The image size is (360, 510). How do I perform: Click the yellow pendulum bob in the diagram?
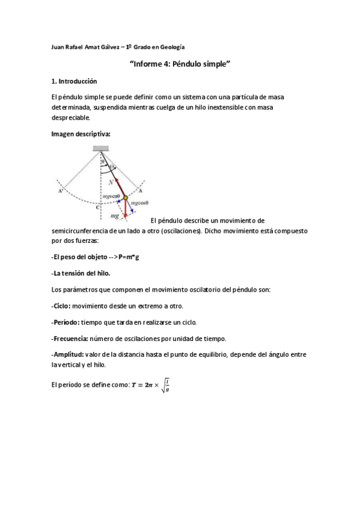pyautogui.click(x=125, y=197)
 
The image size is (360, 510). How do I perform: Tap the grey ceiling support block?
pyautogui.click(x=100, y=149)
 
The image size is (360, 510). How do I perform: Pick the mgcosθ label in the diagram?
pyautogui.click(x=139, y=203)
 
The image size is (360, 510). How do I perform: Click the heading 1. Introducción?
pyautogui.click(x=74, y=81)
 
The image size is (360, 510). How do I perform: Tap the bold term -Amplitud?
pyautogui.click(x=67, y=355)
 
